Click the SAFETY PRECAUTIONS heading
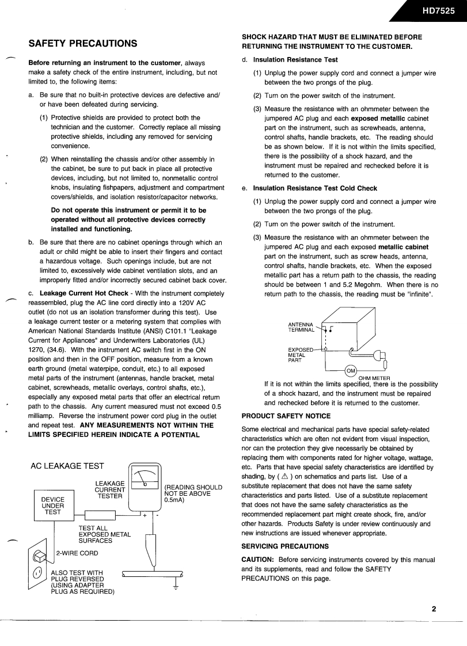[x=83, y=43]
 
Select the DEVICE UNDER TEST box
[x=53, y=505]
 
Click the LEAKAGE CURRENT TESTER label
[x=109, y=489]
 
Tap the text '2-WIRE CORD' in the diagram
[x=77, y=553]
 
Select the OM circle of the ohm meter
[x=351, y=370]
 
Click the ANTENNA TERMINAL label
[x=301, y=327]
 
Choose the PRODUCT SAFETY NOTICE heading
[x=286, y=416]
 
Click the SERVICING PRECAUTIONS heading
[x=284, y=546]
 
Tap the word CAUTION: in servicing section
[x=258, y=559]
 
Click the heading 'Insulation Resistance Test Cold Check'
[x=315, y=188]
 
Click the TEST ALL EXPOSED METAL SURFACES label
[x=104, y=534]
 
